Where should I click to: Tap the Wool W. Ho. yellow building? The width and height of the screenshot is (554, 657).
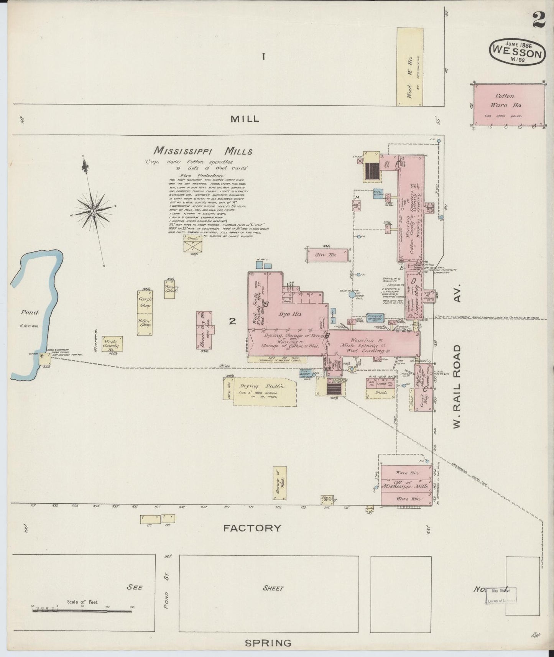[x=409, y=67]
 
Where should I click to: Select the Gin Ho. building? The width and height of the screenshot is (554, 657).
[x=327, y=255]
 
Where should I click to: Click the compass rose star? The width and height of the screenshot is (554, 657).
[x=93, y=210]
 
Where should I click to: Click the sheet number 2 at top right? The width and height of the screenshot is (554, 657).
[x=539, y=20]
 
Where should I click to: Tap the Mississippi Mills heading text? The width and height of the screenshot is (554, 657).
[x=203, y=151]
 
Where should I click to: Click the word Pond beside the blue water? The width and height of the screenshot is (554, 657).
[x=30, y=312]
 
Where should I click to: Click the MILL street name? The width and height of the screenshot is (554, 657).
[x=245, y=119]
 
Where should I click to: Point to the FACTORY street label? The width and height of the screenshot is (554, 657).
[x=252, y=528]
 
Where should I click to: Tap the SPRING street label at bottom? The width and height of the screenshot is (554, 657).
[x=268, y=643]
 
